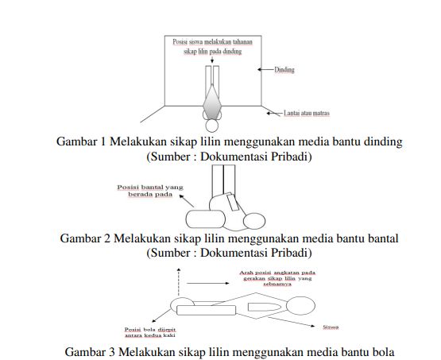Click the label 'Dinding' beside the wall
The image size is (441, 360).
284,70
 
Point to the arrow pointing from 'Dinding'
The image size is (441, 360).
266,70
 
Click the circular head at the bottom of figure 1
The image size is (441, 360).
213,125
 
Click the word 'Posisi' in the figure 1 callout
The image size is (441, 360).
182,40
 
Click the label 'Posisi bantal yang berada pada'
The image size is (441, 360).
150,191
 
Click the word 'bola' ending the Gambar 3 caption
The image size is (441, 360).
381,352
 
